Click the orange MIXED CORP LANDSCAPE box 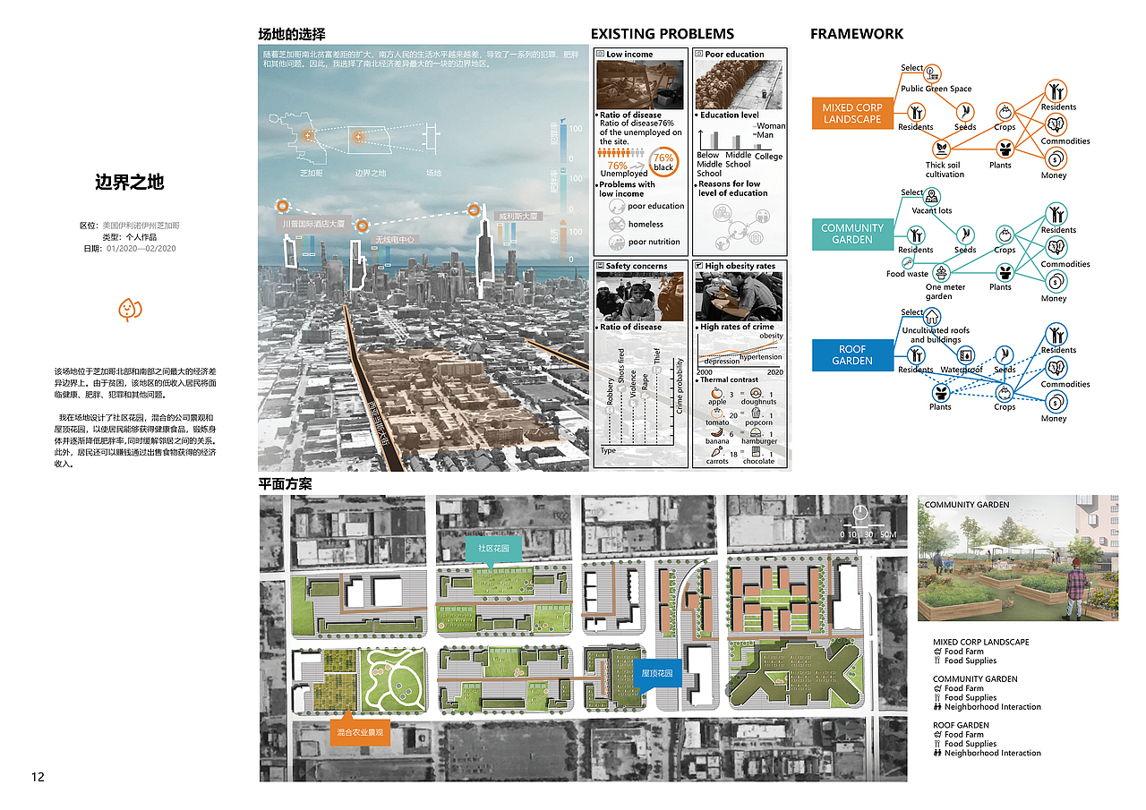tap(852, 114)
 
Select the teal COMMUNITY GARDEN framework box tap(851, 234)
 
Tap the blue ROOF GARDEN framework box tap(851, 354)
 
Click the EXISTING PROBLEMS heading tap(662, 35)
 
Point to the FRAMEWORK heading tap(856, 35)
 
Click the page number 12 tap(38, 776)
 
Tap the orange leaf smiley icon tap(131, 310)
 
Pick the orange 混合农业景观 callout tap(360, 731)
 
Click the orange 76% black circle tap(663, 162)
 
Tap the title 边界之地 tap(130, 182)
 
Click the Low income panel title tap(629, 55)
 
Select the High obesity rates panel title tap(740, 266)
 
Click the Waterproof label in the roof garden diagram tap(962, 370)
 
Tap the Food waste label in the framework tap(907, 274)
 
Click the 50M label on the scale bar tap(887, 534)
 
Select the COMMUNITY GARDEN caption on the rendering tap(966, 505)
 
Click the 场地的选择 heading tap(291, 35)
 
